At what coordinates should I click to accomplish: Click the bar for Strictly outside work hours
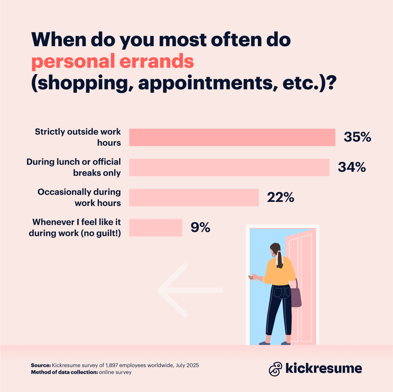pos(232,137)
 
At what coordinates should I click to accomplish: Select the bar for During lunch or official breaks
pos(229,167)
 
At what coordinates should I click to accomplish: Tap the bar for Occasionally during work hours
pos(194,197)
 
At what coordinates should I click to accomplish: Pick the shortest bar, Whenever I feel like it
pos(155,227)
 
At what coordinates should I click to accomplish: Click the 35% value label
pos(357,137)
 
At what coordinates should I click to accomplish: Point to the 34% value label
pos(352,167)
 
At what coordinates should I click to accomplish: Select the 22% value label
pos(280,197)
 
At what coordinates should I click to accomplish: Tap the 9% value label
pos(200,227)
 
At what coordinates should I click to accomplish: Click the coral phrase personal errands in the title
pos(113,61)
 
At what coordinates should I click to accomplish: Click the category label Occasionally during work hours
pos(79,197)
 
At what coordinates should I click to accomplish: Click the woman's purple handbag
pos(296,297)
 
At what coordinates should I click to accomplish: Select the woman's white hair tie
pos(279,258)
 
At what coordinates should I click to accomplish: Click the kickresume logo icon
pos(276,369)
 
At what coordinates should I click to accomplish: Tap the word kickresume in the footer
pos(324,368)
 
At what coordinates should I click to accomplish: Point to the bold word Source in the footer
pos(41,365)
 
